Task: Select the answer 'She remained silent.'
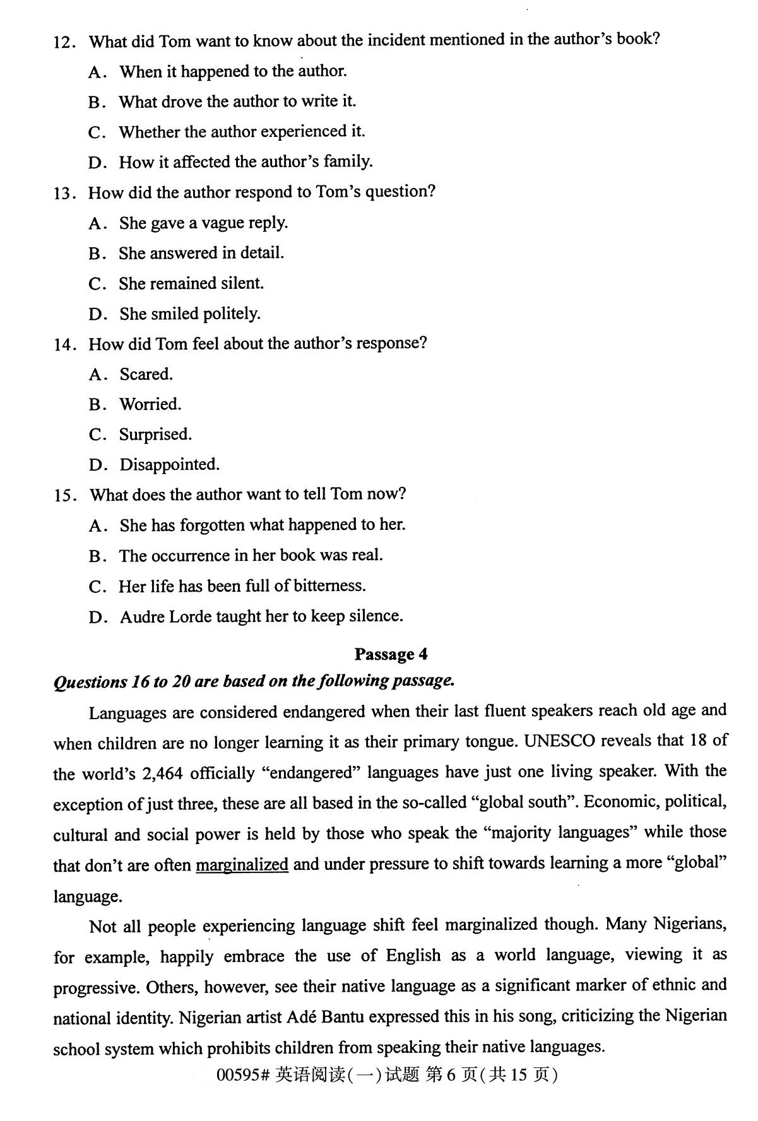(191, 283)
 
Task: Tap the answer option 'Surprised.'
(155, 434)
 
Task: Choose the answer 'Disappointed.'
(169, 464)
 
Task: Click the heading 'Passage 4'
(391, 654)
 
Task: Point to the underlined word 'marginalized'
(242, 864)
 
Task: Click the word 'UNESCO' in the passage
(560, 741)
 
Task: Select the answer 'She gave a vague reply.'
(203, 223)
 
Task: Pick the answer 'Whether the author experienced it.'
(242, 131)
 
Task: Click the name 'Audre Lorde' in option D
(165, 616)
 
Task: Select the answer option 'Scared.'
(146, 374)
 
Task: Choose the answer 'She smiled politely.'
(189, 314)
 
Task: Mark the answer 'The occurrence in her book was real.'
(251, 555)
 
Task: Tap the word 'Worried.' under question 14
(150, 404)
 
